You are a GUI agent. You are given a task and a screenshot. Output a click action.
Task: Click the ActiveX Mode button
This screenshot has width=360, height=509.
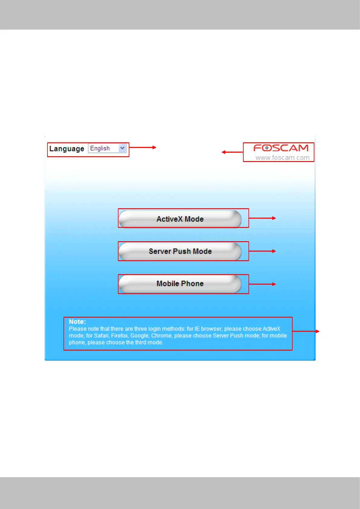point(180,219)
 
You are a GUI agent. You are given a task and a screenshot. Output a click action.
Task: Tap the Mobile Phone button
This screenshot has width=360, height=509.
point(180,284)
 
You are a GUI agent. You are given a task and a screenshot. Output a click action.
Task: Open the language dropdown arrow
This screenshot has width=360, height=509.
point(122,148)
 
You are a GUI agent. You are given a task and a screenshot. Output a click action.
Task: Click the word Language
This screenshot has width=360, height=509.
point(67,149)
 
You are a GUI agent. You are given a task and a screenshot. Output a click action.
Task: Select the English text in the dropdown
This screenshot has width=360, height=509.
point(100,148)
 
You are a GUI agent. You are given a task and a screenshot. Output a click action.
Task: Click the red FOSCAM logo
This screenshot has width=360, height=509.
point(281,148)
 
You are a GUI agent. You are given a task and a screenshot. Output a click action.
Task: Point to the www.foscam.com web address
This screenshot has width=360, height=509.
point(282,157)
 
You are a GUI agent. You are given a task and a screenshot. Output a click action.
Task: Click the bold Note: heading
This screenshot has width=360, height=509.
point(77,322)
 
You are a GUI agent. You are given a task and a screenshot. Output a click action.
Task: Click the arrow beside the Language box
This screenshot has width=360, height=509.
point(143,148)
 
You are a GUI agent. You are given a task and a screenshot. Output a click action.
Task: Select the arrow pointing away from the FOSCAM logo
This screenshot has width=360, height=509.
point(232,152)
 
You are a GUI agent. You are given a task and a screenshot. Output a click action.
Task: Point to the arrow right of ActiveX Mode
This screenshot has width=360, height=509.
point(262,218)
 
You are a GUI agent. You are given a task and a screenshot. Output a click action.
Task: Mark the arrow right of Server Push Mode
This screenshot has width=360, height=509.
point(262,251)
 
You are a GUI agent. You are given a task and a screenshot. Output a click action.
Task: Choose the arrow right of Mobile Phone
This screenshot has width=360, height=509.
point(262,284)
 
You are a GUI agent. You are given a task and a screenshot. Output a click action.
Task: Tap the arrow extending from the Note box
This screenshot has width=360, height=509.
point(306,331)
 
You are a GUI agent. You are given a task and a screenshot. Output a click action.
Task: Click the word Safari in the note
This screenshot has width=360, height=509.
point(101,336)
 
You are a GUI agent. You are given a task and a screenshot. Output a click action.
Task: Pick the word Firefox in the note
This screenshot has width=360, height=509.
point(119,336)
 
